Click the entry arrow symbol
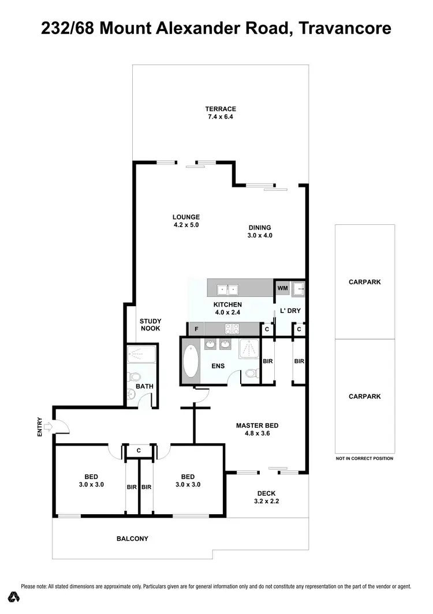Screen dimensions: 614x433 pos(47,427)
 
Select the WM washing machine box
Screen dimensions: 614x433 pos(282,288)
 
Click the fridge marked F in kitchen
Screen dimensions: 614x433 pos(196,329)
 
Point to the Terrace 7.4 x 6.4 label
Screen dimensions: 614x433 pos(221,112)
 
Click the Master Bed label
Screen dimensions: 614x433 pos(257,430)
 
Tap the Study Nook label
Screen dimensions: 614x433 pos(150,325)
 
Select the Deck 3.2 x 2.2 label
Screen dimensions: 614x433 pos(266,497)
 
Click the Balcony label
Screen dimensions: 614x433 pos(132,538)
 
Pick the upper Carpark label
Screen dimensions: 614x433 pos(364,282)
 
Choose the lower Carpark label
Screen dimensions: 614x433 pos(364,397)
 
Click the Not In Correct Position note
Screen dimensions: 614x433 pos(364,458)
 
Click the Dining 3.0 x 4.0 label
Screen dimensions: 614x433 pos(259,231)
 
